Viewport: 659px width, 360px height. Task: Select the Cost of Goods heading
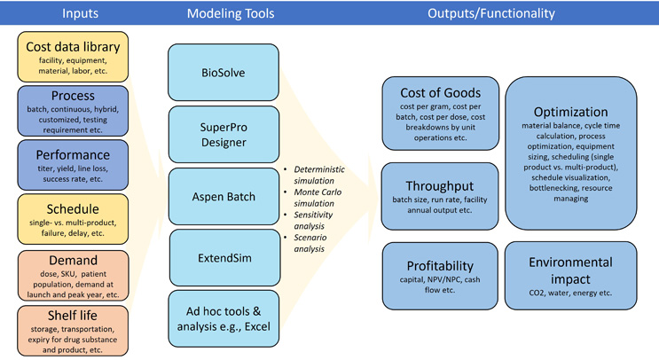(x=440, y=92)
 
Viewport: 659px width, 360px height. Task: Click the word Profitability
(x=440, y=264)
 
